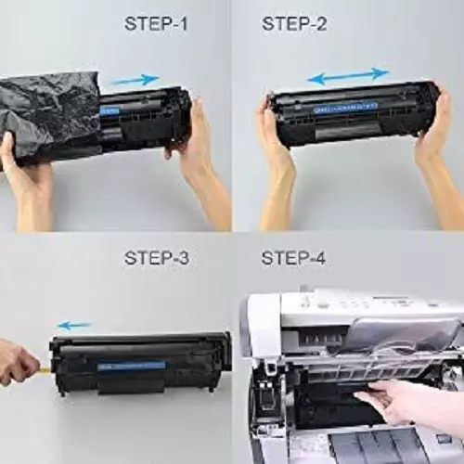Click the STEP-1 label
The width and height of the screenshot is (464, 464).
[x=156, y=24]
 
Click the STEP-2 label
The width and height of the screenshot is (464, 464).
[x=294, y=24]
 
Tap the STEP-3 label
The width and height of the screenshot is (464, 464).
[x=156, y=258]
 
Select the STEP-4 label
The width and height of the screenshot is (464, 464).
[x=294, y=258]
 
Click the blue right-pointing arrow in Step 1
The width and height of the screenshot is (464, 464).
[x=135, y=81]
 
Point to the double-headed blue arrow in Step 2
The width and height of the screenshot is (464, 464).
[x=348, y=75]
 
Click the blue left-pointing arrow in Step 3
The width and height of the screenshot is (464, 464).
[x=75, y=325]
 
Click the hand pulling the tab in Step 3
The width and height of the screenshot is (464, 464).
[x=17, y=362]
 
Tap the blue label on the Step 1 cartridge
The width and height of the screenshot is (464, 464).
[x=110, y=110]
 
